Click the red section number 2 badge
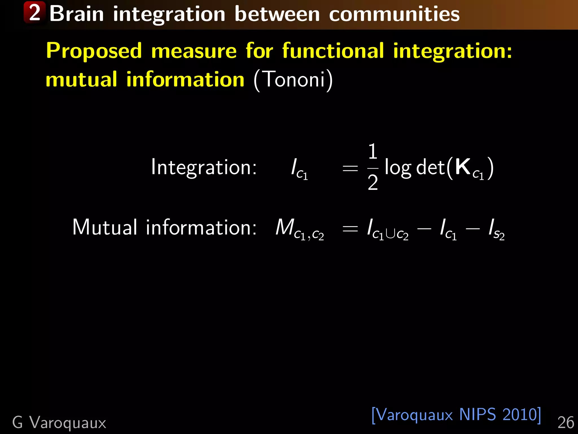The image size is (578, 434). point(35,13)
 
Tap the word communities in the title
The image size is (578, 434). point(394,14)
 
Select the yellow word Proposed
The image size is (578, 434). point(94,51)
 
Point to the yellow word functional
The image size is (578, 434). point(333,51)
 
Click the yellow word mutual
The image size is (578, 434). point(81,79)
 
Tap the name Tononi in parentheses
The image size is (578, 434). point(294,79)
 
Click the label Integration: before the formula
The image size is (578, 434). point(204,167)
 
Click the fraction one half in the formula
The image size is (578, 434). point(373,167)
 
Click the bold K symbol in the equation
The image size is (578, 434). point(463,167)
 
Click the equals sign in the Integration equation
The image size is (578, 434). point(350,169)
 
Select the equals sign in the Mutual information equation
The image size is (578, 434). point(350,229)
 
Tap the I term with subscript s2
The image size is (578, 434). point(496,229)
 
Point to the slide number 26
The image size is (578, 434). point(566,423)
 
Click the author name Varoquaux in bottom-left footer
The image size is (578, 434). point(68,423)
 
